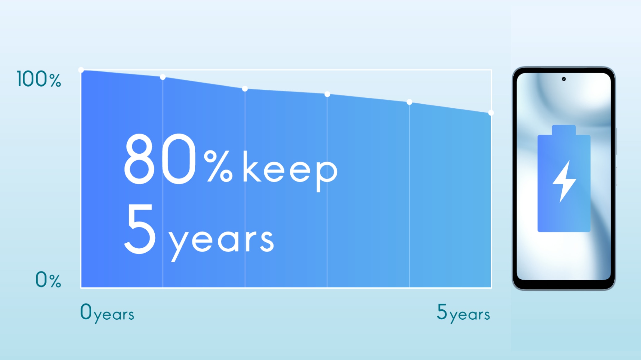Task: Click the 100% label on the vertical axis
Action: click(x=39, y=79)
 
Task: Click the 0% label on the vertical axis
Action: click(x=48, y=280)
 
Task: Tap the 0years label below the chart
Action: click(x=107, y=313)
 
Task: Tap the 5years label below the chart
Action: click(x=463, y=313)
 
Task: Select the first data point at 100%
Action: click(x=81, y=70)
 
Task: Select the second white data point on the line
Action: click(x=163, y=77)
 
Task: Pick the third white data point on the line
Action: click(x=245, y=89)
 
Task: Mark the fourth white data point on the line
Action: click(x=327, y=94)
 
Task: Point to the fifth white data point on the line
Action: click(x=409, y=102)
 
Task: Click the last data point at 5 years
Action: click(x=491, y=113)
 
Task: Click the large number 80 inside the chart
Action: click(x=160, y=159)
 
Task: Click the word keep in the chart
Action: click(x=290, y=171)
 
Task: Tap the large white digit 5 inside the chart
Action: click(x=140, y=229)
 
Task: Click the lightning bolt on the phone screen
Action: click(x=565, y=181)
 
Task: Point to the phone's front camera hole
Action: click(x=564, y=79)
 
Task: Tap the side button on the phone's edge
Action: click(x=616, y=141)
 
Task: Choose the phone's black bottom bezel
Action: click(x=564, y=285)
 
